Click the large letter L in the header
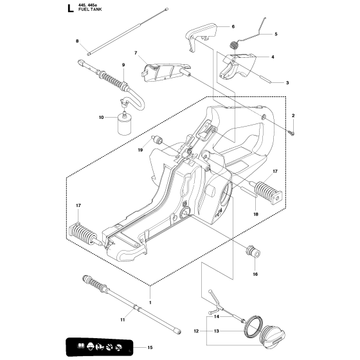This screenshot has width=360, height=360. click(71, 8)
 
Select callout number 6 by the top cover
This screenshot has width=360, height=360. click(233, 26)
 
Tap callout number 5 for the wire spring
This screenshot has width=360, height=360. click(276, 34)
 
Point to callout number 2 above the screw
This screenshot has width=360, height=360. click(293, 116)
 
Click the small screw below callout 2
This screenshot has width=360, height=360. click(292, 132)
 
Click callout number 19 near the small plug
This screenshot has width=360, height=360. click(141, 150)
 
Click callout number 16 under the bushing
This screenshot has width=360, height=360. click(255, 274)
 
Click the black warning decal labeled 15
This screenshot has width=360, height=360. click(99, 346)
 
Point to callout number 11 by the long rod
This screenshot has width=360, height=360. click(123, 319)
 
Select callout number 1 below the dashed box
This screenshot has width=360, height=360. click(150, 302)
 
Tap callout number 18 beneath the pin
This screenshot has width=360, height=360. click(256, 214)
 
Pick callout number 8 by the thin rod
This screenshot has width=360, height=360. click(77, 41)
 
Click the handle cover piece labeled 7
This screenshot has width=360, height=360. click(165, 72)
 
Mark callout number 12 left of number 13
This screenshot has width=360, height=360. click(196, 331)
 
